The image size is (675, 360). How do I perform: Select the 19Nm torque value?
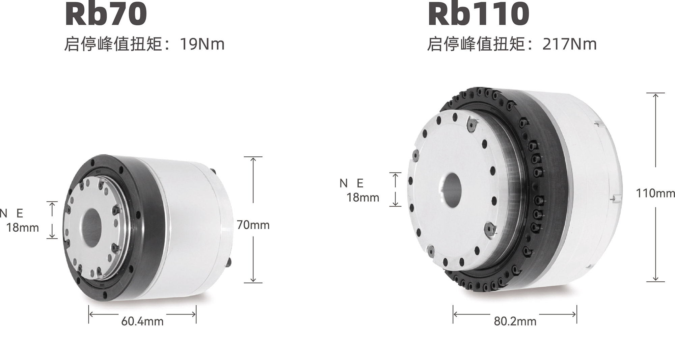(202, 44)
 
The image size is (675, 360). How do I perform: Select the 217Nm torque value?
(569, 44)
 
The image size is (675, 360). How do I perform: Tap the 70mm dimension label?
(253, 225)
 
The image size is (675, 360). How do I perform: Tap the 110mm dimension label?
(655, 193)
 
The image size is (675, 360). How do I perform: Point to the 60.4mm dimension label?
(142, 321)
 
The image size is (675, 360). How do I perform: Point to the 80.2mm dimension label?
(515, 321)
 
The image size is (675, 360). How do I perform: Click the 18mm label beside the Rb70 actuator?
(23, 228)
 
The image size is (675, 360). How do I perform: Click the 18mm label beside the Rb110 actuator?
(363, 197)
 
